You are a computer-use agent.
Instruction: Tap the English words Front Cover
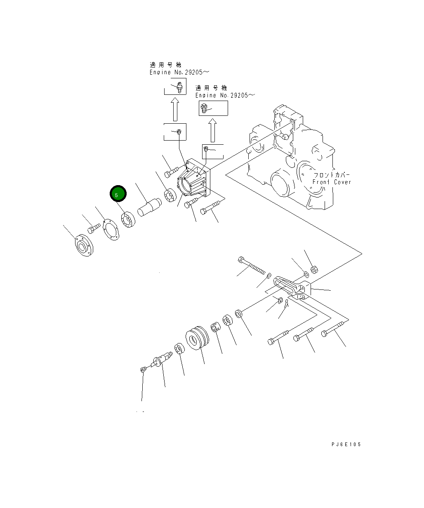click(332, 182)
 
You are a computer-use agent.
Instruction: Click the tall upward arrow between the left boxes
click(175, 109)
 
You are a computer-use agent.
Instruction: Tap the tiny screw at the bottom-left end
click(143, 369)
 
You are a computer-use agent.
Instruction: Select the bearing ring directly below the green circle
click(129, 220)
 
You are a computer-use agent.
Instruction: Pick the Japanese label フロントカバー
click(331, 175)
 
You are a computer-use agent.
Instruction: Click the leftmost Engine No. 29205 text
click(179, 72)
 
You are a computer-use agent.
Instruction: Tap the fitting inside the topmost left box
click(179, 87)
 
